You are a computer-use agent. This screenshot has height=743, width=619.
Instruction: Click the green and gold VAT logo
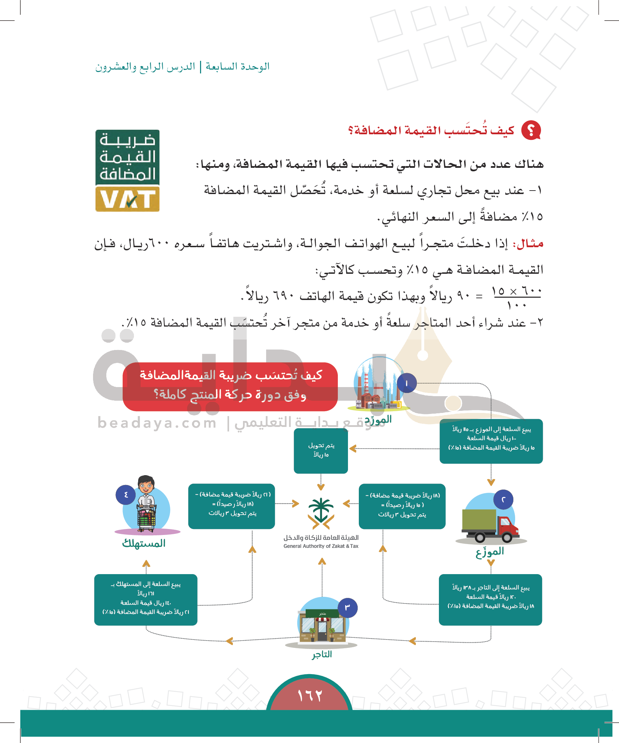click(x=127, y=171)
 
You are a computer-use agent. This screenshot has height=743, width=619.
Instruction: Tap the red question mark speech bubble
click(x=531, y=130)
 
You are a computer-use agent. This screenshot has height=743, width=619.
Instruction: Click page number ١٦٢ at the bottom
click(x=310, y=695)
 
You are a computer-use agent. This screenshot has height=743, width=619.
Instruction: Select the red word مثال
click(x=530, y=244)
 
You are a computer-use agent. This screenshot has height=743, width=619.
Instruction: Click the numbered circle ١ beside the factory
click(x=407, y=383)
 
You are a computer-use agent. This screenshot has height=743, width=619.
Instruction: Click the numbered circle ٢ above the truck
click(x=503, y=499)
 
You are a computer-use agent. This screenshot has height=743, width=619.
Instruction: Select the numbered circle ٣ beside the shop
click(x=348, y=607)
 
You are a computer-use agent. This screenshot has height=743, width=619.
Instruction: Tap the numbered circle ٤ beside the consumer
click(x=126, y=495)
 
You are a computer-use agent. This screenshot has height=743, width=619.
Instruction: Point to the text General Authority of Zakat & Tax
click(x=321, y=546)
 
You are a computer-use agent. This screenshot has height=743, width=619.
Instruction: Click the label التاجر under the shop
click(x=322, y=654)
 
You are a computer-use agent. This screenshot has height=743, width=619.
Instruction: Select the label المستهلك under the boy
click(x=144, y=543)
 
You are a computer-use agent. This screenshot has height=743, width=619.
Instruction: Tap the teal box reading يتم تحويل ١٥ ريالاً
click(x=321, y=450)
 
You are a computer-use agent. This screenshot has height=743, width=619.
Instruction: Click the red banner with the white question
click(x=230, y=386)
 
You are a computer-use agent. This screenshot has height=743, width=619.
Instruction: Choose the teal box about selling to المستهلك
click(x=145, y=599)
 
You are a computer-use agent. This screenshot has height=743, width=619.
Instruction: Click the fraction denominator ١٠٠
click(x=517, y=305)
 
